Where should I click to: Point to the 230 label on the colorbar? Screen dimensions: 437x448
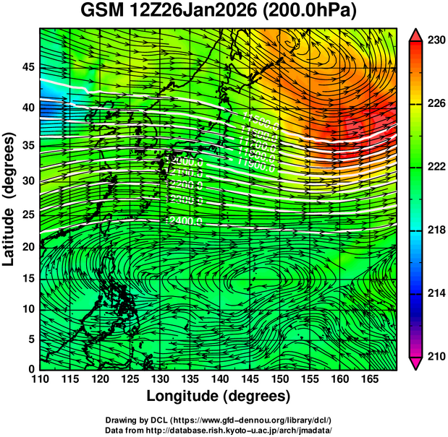[434, 40]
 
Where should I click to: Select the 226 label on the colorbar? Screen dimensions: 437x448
[434, 104]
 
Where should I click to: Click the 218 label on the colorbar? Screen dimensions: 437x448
[434, 230]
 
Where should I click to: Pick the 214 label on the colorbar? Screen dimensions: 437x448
[434, 293]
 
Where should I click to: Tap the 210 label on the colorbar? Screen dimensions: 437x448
[434, 356]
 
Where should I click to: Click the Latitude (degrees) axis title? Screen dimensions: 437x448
[9, 198]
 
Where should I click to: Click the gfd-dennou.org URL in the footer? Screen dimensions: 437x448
[269, 420]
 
